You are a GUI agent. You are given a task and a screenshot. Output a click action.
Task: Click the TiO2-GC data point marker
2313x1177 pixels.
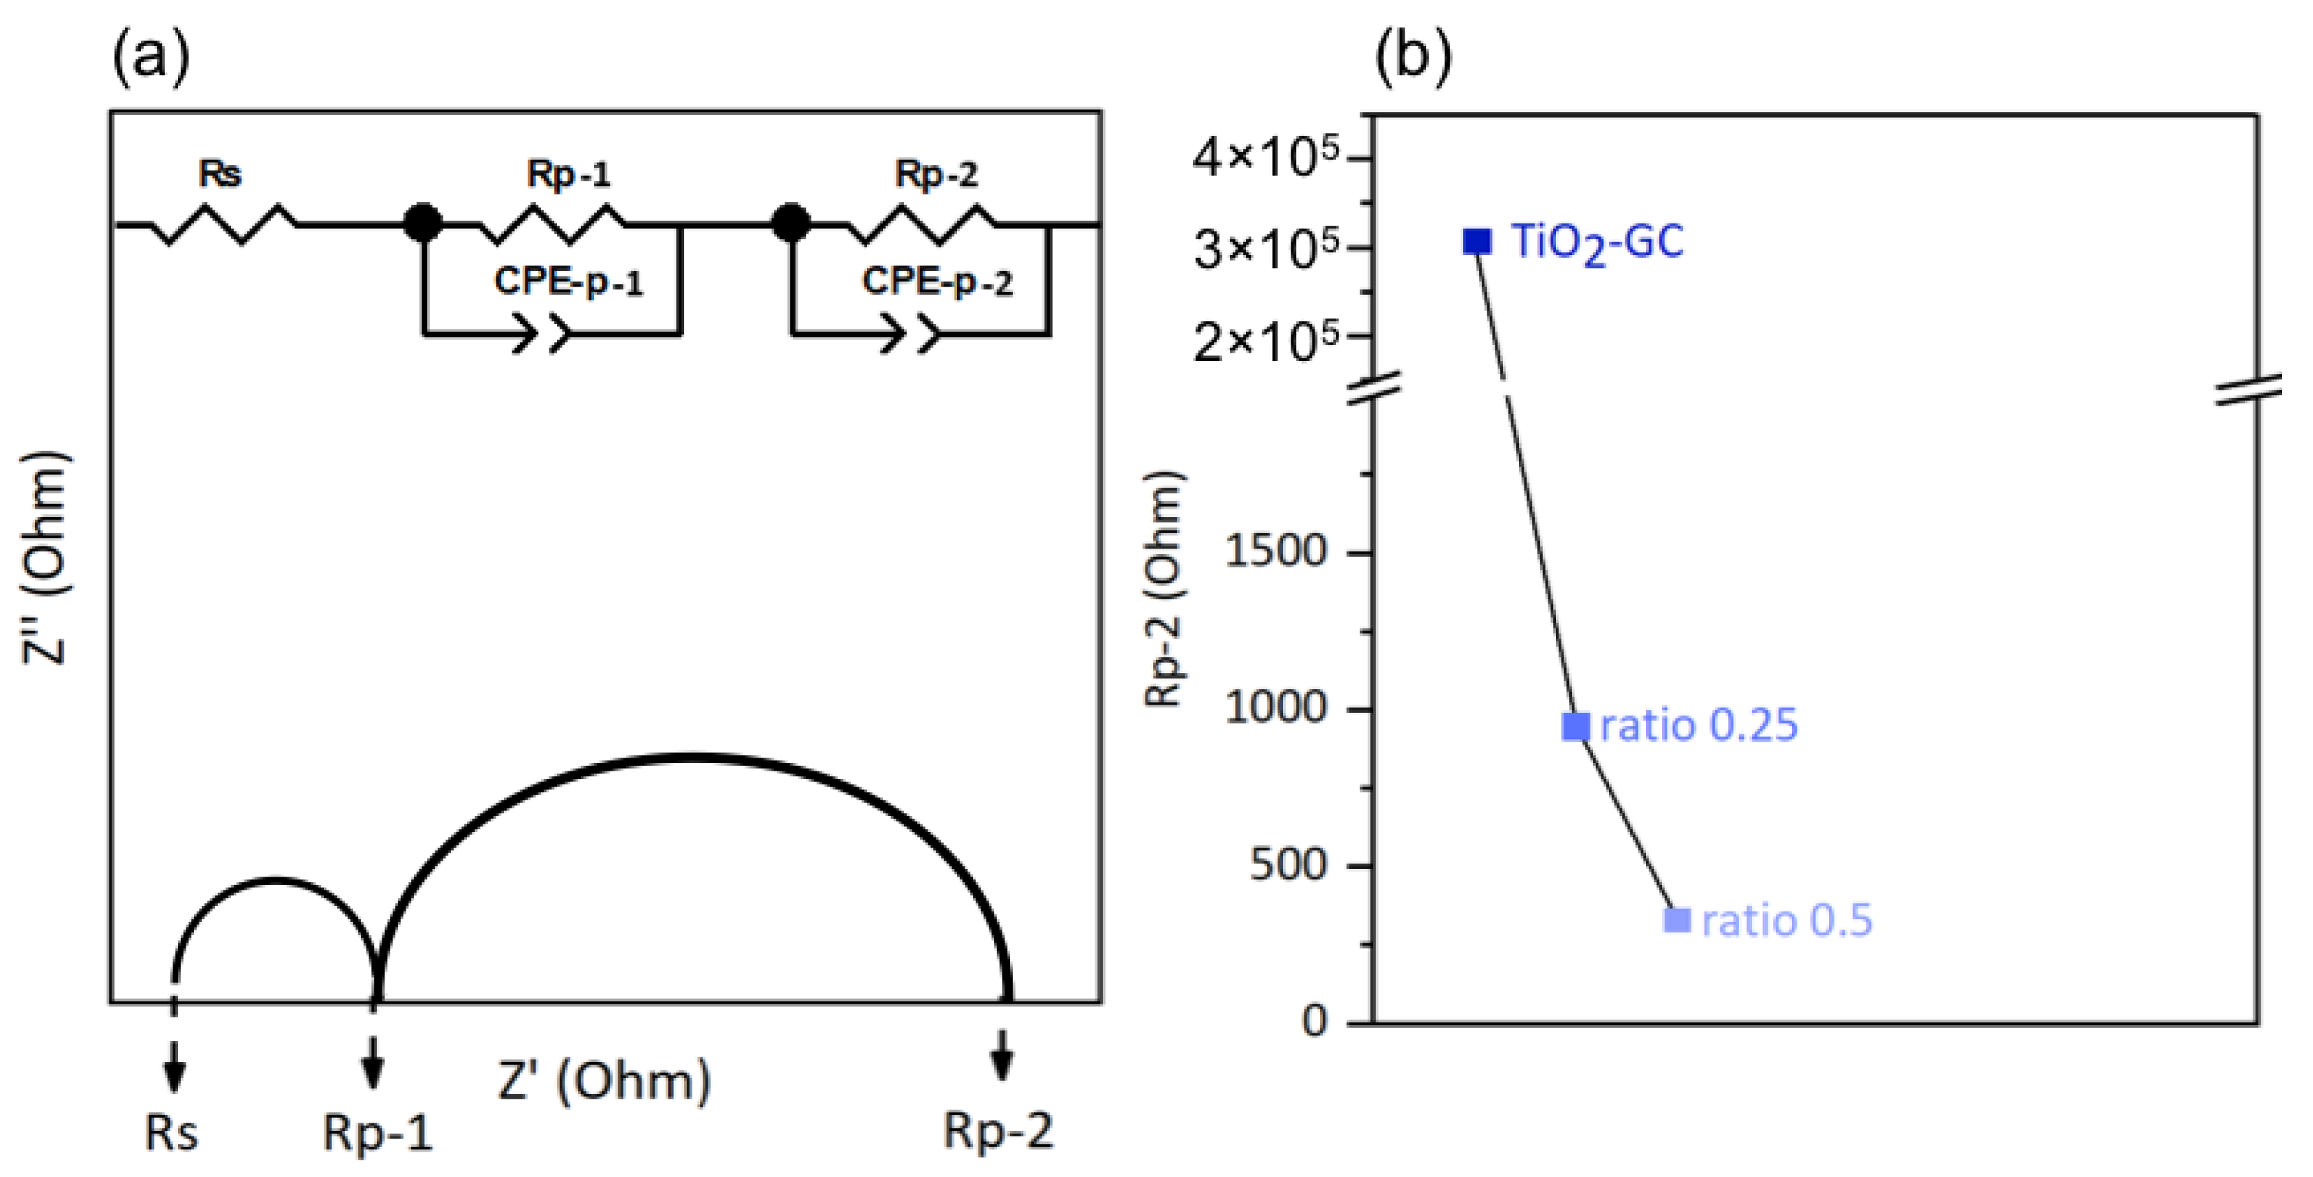pos(1477,241)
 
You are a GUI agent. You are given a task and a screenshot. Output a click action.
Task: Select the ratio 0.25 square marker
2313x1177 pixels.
pos(1577,725)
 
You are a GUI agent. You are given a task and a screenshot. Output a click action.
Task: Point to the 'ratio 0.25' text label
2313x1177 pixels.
pos(1699,725)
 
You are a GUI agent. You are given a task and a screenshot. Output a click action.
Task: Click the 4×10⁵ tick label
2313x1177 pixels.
pos(1266,158)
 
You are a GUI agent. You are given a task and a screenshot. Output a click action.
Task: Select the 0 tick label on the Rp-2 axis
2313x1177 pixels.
pos(1315,1021)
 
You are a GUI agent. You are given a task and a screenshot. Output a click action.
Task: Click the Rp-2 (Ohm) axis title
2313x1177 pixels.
pos(1165,588)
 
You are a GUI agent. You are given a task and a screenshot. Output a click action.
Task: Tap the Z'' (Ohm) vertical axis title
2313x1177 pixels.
pos(45,558)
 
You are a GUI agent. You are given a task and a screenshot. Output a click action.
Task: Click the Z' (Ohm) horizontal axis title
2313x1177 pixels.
pos(604,1081)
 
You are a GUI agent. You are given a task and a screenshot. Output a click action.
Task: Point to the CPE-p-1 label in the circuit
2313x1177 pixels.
pos(569,282)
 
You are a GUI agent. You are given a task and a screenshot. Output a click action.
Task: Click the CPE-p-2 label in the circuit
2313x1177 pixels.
pos(936,282)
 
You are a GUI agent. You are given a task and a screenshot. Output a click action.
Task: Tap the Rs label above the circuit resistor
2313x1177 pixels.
pos(220,173)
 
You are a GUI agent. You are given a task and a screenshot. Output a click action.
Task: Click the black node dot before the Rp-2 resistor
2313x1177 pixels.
pos(791,223)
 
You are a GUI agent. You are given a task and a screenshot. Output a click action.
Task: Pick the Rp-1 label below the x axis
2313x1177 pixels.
pos(377,1133)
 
